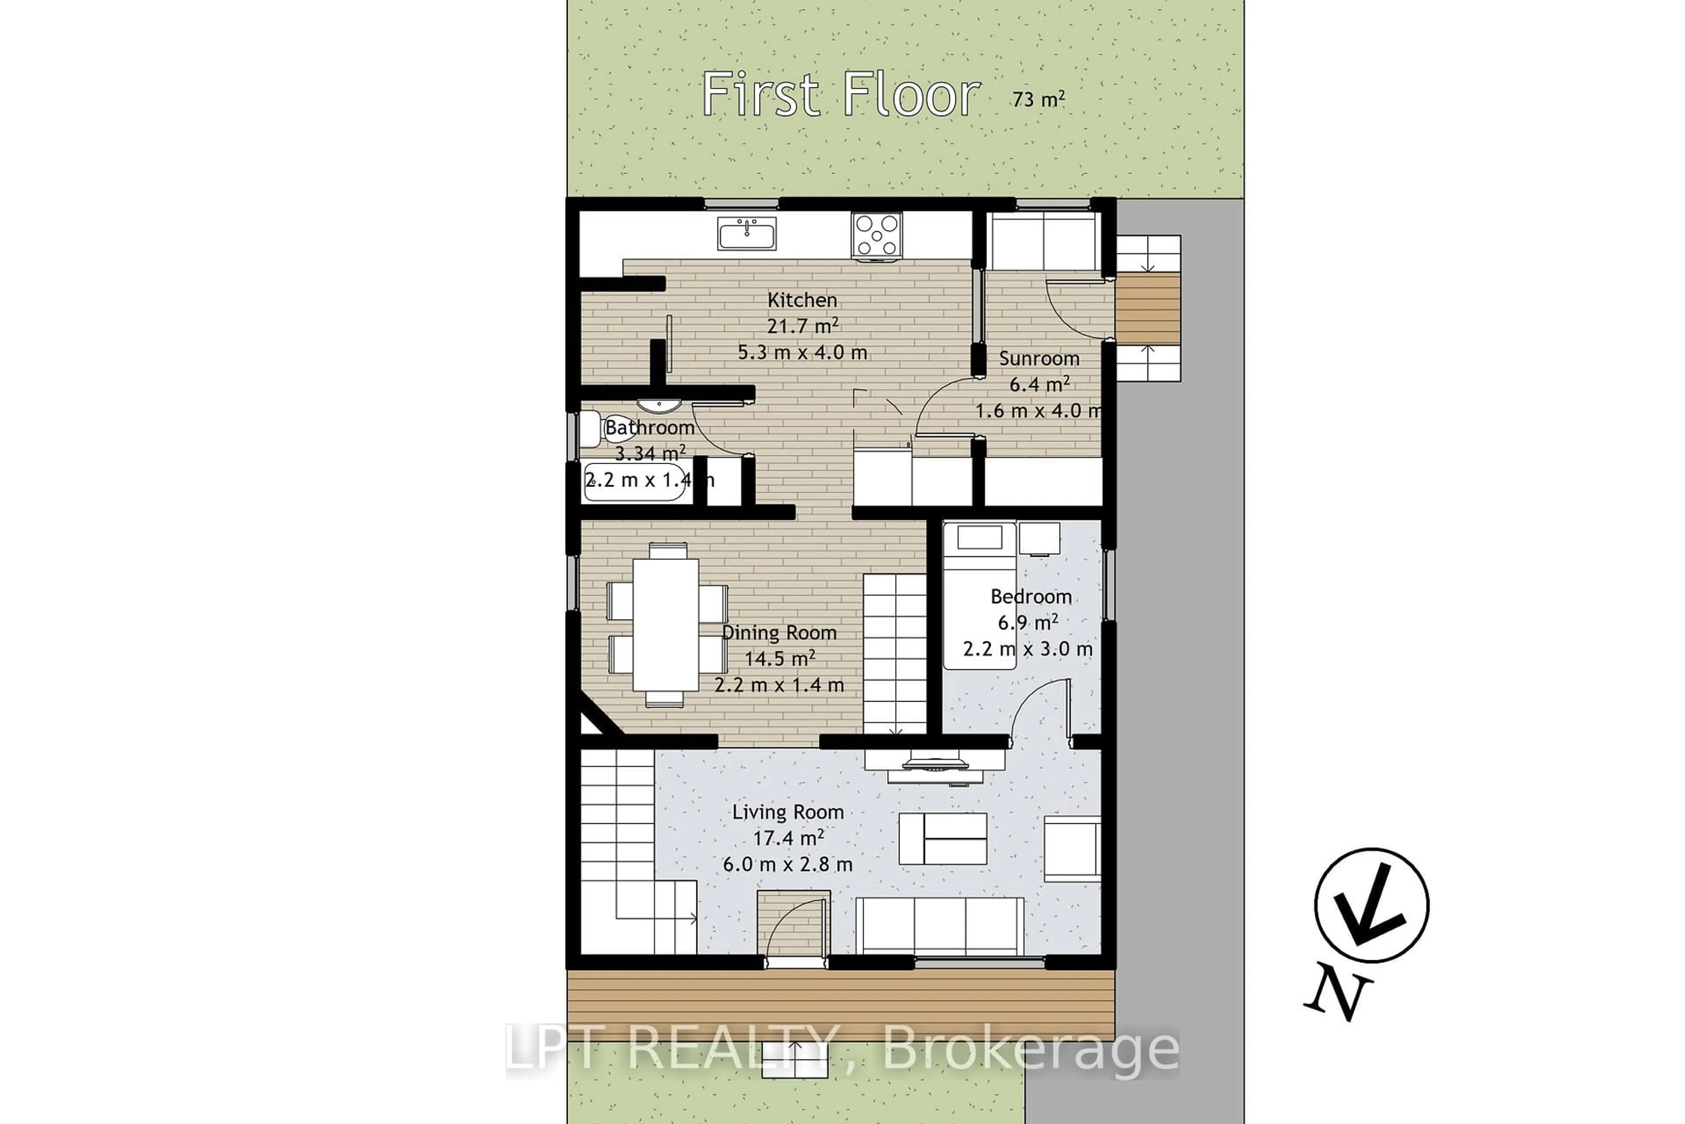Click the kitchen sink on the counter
pyautogui.click(x=746, y=234)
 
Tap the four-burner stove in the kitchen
pyautogui.click(x=876, y=234)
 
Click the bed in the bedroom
pyautogui.click(x=979, y=595)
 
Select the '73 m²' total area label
pyautogui.click(x=1038, y=98)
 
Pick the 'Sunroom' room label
pyautogui.click(x=1039, y=358)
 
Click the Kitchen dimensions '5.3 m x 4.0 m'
pyautogui.click(x=803, y=353)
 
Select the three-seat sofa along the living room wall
pyautogui.click(x=939, y=926)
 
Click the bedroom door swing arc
pyautogui.click(x=1039, y=706)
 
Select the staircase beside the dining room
pyautogui.click(x=894, y=653)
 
